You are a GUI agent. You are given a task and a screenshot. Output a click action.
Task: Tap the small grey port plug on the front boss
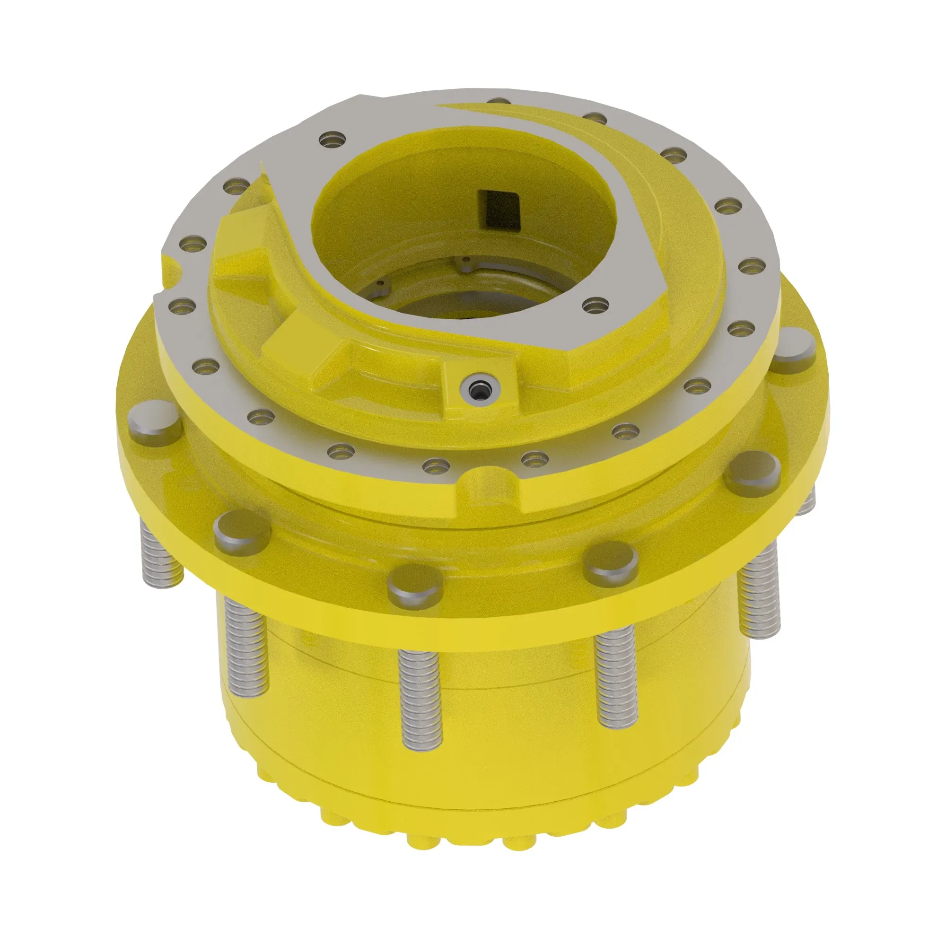coord(477,389)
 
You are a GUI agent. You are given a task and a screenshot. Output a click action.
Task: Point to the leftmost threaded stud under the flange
coord(162,553)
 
